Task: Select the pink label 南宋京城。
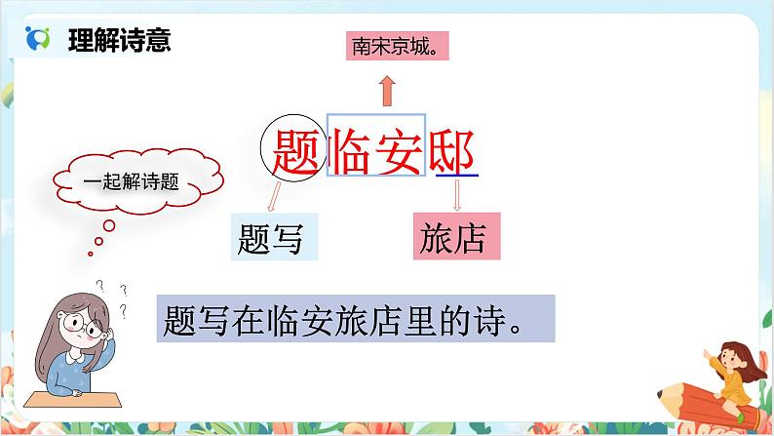[388, 45]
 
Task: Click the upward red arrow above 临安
[387, 91]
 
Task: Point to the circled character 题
[290, 150]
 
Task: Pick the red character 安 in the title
[402, 150]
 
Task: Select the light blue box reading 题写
[275, 236]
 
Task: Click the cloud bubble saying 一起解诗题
[139, 182]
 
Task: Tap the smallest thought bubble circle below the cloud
[97, 242]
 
